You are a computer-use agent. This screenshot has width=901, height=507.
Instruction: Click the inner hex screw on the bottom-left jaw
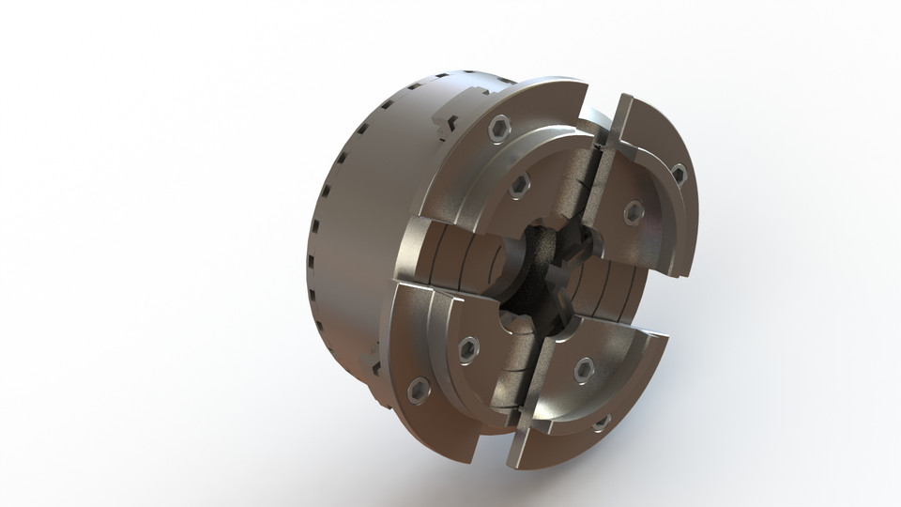click(x=466, y=347)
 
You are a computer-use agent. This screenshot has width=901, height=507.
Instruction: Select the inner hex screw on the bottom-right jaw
click(x=582, y=365)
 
